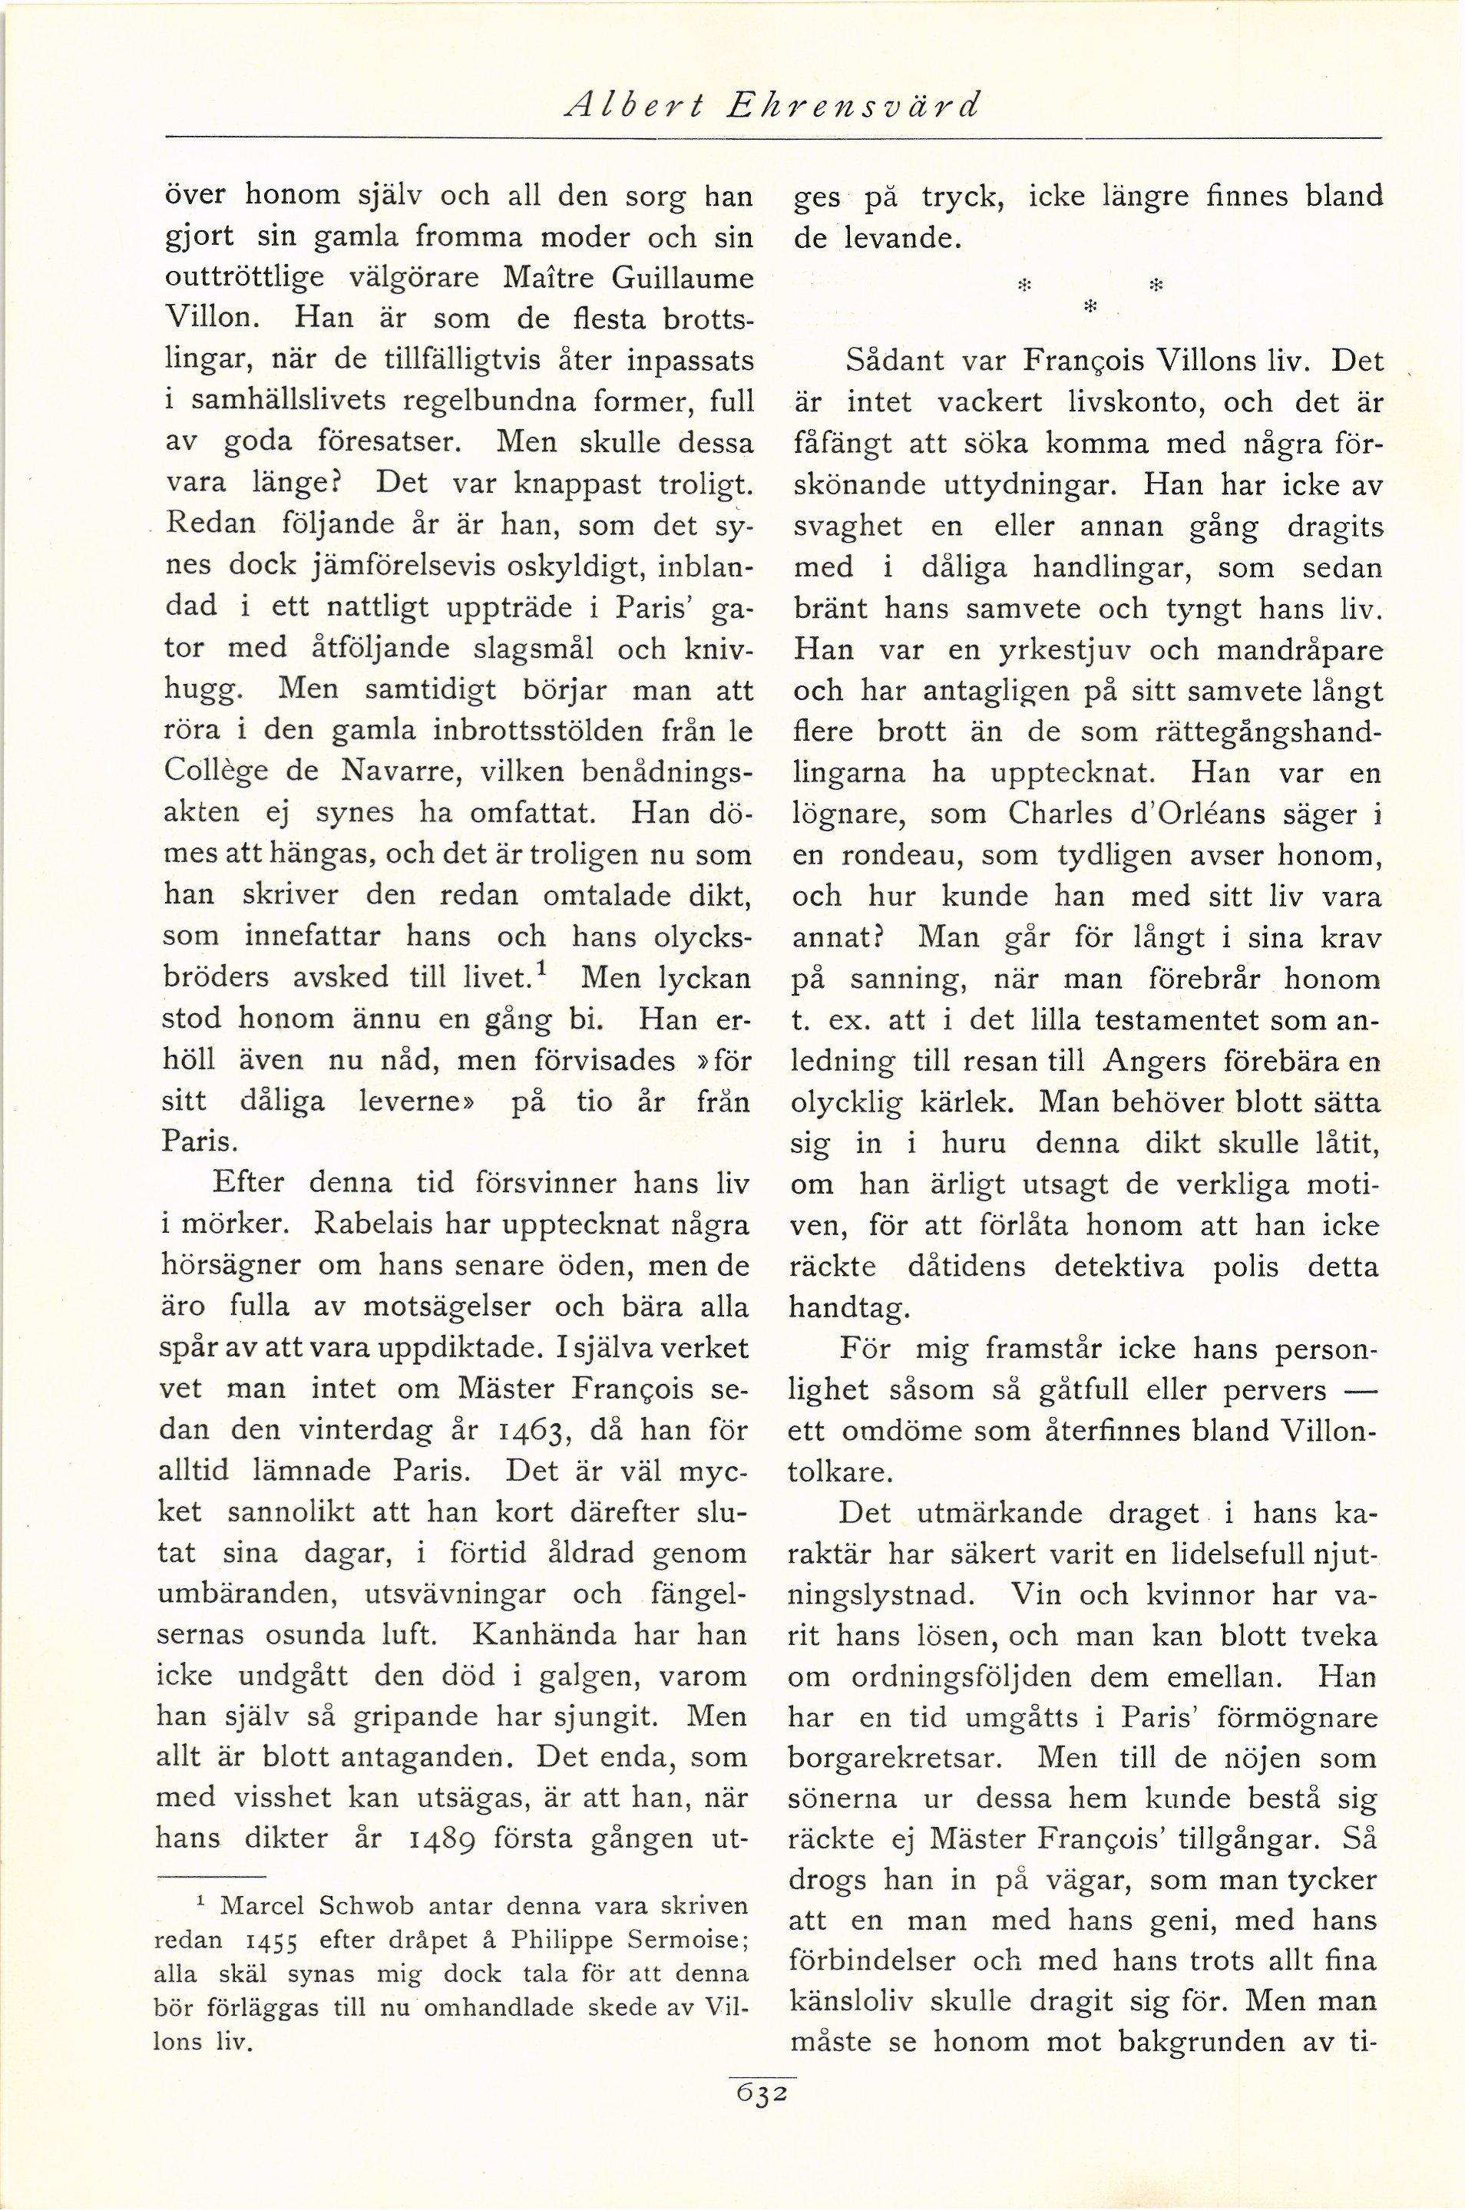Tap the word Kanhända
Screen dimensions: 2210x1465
[x=544, y=1634]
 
